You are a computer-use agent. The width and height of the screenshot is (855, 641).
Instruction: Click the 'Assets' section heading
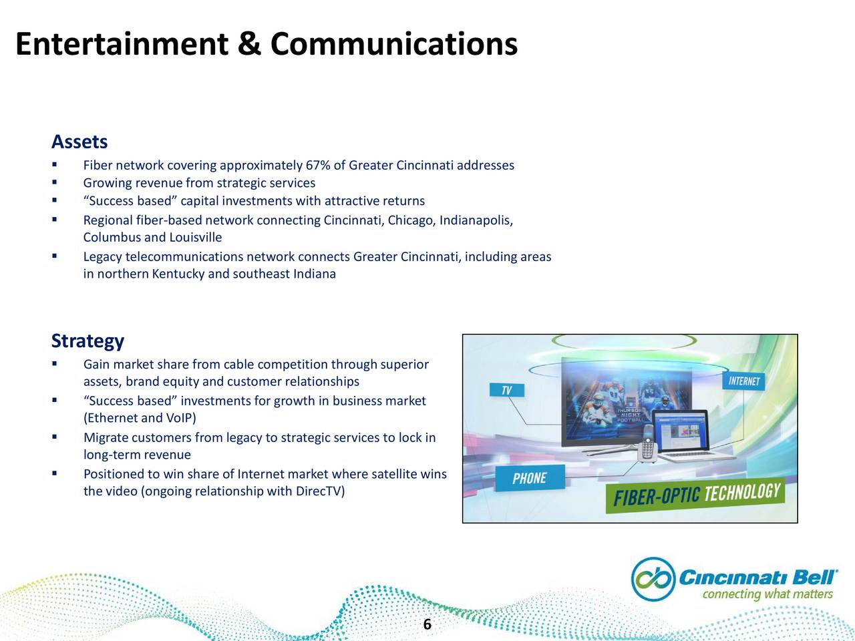79,142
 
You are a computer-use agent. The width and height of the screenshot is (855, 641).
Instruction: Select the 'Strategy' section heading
88,341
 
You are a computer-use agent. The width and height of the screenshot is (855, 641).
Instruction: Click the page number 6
427,624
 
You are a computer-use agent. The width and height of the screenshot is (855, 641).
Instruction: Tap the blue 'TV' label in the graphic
507,390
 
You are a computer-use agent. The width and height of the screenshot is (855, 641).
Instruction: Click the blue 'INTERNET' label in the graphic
743,381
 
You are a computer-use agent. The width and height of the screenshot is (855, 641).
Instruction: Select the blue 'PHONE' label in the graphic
530,478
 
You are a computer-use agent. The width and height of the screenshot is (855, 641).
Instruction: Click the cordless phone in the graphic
647,444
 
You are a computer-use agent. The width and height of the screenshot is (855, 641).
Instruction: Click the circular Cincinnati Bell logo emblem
653,579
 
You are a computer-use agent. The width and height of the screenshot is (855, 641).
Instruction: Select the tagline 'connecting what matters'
767,594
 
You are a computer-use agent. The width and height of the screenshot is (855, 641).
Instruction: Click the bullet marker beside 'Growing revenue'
55,182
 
